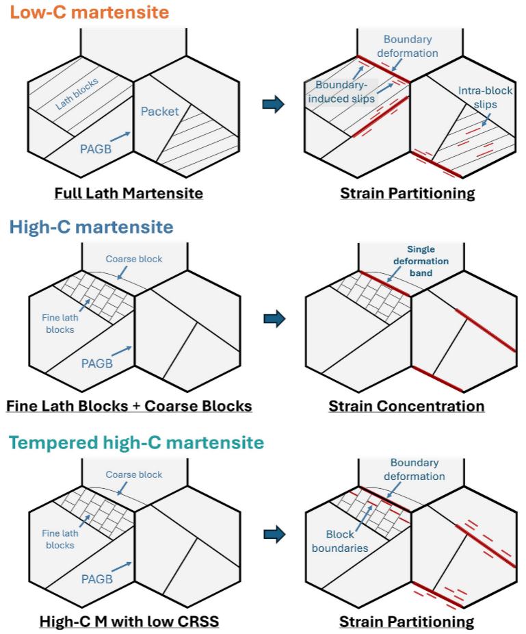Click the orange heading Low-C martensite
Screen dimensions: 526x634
pos(90,12)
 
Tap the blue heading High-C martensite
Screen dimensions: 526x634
pos(91,227)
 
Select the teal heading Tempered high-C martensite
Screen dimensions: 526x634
pos(137,442)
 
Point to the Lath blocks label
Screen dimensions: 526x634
pos(77,94)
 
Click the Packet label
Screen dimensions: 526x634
pos(159,111)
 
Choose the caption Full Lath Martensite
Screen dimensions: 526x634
pos(129,193)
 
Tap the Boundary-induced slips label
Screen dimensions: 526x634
pos(341,92)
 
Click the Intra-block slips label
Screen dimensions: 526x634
pos(485,97)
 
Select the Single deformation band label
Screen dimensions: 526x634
pos(421,261)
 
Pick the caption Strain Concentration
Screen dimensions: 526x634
pos(406,406)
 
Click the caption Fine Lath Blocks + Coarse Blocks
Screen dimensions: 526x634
pos(129,406)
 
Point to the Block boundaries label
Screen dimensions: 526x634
pos(340,541)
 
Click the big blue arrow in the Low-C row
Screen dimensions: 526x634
pos(274,104)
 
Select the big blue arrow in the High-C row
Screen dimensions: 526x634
pos(275,318)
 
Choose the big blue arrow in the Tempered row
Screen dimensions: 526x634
pos(275,535)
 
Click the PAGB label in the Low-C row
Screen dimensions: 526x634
pos(96,149)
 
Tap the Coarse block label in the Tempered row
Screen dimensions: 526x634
pos(133,474)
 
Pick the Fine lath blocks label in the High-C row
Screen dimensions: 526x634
pos(60,323)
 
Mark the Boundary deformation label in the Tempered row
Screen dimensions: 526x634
pos(414,470)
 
